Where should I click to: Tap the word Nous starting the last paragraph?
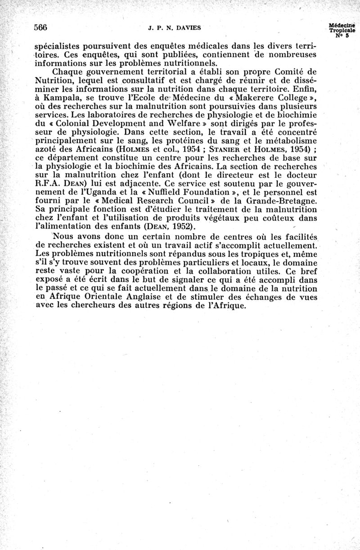[64, 237]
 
